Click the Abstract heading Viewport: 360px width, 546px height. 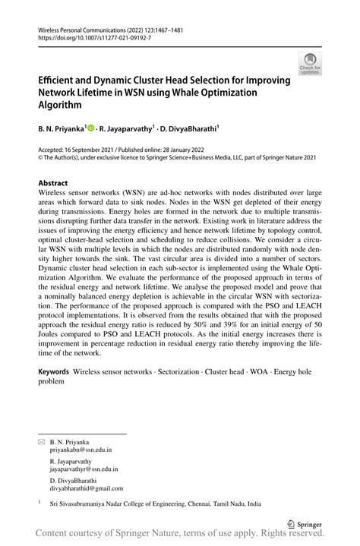(x=52, y=184)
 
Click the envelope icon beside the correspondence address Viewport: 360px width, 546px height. (x=42, y=441)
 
